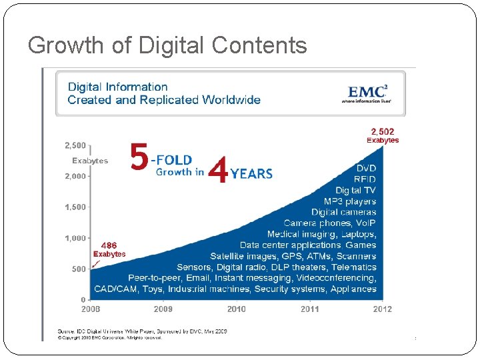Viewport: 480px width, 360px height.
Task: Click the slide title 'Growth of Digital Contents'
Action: coord(167,45)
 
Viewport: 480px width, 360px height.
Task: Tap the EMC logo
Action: coord(365,93)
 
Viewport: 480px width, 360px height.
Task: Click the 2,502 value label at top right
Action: coord(383,131)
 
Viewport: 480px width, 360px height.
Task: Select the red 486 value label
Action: coord(109,245)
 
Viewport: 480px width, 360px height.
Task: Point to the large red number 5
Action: coord(139,160)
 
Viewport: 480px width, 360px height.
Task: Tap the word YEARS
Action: coord(251,174)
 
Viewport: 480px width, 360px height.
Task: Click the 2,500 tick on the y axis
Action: coord(75,145)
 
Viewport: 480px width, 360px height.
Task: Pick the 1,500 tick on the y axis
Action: coord(75,207)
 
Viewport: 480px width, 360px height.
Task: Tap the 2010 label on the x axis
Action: coord(236,309)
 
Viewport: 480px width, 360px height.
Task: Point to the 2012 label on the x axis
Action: coord(382,309)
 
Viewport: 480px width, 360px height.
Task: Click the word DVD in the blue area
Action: coord(366,169)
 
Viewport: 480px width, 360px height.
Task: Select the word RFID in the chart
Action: coord(365,180)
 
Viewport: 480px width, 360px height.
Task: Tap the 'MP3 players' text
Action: coord(350,201)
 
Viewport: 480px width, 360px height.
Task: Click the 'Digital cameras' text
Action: coord(343,213)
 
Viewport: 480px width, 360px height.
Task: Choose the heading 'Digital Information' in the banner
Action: coord(118,87)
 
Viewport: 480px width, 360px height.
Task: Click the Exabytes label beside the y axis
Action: coord(90,161)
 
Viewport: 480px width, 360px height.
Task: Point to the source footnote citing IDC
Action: coord(142,331)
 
